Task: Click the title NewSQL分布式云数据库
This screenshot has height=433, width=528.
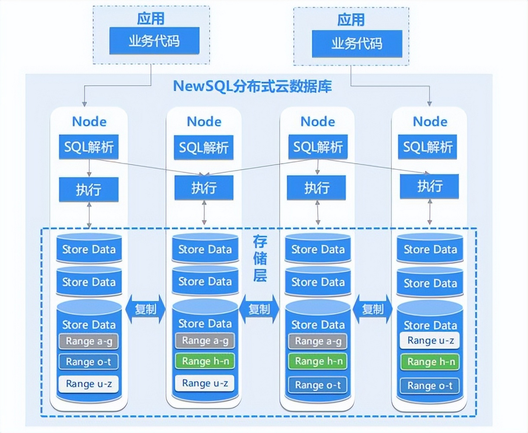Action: coord(252,86)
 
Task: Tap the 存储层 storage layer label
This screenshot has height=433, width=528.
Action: coord(260,259)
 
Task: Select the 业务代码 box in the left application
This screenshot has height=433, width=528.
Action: coord(154,41)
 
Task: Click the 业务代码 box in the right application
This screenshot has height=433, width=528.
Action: coord(357,44)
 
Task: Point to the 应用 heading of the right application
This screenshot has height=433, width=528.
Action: coord(351,20)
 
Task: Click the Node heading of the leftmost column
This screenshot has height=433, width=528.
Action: coord(89,122)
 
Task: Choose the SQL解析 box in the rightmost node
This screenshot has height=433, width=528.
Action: coord(427,147)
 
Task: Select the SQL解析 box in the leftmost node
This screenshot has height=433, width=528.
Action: coord(89,147)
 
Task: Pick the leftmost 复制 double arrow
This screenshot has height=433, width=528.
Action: coord(145,309)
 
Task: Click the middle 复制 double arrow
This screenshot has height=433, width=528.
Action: coord(259,309)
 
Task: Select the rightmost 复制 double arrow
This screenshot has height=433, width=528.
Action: coord(373,309)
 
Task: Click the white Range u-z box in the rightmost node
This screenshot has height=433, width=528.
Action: coord(430,341)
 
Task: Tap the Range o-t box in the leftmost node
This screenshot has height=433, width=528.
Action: coord(88,362)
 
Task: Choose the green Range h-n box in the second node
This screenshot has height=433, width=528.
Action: coord(205,361)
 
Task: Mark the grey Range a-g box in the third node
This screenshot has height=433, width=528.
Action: coord(318,341)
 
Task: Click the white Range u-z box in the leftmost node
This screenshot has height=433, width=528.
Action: coord(88,384)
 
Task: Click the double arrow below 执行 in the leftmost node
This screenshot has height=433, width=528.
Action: coord(89,215)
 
